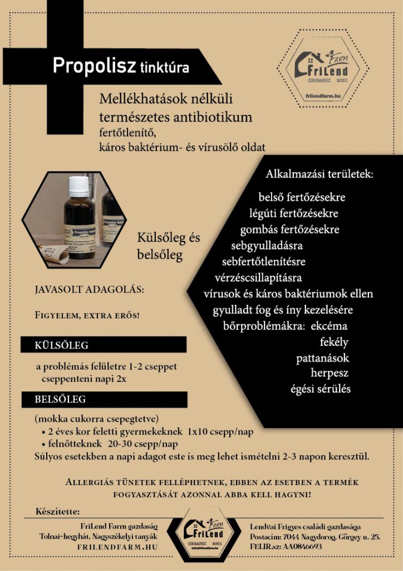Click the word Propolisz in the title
[x=94, y=66]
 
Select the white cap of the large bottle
[x=78, y=185]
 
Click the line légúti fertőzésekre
[x=294, y=213]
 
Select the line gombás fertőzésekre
[x=289, y=229]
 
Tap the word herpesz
[x=330, y=373]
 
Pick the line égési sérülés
[x=321, y=389]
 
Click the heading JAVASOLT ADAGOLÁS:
[x=89, y=291]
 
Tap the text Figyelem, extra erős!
[x=87, y=316]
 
